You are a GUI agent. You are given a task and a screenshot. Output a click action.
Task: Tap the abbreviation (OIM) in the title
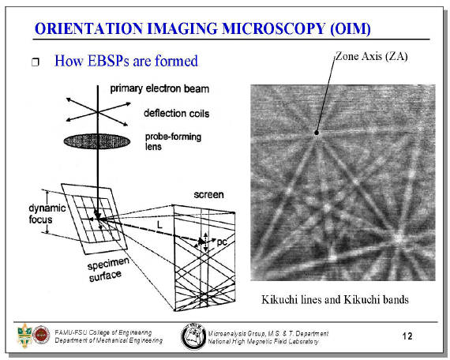[351, 29]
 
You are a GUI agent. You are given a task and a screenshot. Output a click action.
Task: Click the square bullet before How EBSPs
[36, 62]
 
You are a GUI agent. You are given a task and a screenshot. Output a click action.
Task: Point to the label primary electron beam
[159, 88]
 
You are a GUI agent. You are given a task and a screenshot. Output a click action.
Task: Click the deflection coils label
[177, 114]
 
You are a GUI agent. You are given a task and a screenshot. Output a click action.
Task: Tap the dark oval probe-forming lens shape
[97, 141]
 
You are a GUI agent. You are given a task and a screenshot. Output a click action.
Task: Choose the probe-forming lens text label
[173, 141]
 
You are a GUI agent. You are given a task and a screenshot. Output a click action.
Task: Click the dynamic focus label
[47, 214]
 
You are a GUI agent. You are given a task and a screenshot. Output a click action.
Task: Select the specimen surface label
[107, 269]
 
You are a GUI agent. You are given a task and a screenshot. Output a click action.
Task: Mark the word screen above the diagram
[208, 195]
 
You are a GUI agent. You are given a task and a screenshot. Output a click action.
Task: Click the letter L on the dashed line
[159, 224]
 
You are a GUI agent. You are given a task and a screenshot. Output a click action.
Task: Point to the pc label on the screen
[221, 242]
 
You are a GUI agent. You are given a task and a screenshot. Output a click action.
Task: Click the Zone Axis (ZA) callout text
[372, 56]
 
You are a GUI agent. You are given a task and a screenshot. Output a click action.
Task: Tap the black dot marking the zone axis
[317, 133]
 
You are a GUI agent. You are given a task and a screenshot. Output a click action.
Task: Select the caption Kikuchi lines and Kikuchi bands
[335, 300]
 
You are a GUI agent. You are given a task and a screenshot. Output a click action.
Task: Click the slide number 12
[407, 336]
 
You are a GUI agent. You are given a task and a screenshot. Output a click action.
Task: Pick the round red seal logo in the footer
[41, 335]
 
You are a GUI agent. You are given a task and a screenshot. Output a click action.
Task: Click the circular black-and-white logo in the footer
[193, 336]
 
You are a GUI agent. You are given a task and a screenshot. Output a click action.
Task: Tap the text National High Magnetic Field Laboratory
[263, 342]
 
